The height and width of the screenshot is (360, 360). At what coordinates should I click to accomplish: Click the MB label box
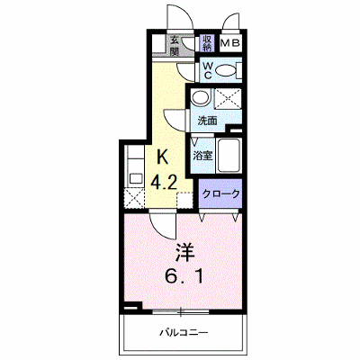pyautogui.click(x=230, y=43)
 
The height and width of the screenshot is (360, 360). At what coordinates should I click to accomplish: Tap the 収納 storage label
pyautogui.click(x=207, y=43)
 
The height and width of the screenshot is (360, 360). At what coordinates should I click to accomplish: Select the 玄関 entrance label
pyautogui.click(x=175, y=45)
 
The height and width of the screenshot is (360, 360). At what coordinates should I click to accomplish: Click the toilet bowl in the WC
pyautogui.click(x=226, y=71)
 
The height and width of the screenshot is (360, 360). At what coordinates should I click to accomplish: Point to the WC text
pyautogui.click(x=208, y=70)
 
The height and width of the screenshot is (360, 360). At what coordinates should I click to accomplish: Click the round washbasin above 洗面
pyautogui.click(x=201, y=97)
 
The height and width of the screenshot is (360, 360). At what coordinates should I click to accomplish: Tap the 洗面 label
pyautogui.click(x=207, y=121)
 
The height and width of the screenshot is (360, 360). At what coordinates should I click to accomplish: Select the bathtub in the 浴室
pyautogui.click(x=229, y=156)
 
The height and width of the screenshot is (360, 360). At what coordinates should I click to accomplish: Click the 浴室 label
pyautogui.click(x=202, y=156)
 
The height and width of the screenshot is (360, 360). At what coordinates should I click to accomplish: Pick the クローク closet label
pyautogui.click(x=221, y=193)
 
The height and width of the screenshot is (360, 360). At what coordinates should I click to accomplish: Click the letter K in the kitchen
pyautogui.click(x=163, y=157)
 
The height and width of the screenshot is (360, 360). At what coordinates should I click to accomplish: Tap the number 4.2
pyautogui.click(x=163, y=182)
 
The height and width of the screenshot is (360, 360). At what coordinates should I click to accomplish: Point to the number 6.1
pyautogui.click(x=184, y=276)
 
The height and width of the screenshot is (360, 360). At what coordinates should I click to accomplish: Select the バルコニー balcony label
pyautogui.click(x=184, y=332)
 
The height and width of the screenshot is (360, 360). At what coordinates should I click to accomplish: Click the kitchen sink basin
pyautogui.click(x=136, y=179)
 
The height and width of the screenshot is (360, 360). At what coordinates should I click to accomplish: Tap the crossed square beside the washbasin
pyautogui.click(x=229, y=98)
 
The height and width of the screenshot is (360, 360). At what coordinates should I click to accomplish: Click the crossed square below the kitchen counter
pyautogui.click(x=135, y=197)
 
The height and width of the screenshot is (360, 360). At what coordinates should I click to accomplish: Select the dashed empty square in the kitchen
pyautogui.click(x=185, y=200)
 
